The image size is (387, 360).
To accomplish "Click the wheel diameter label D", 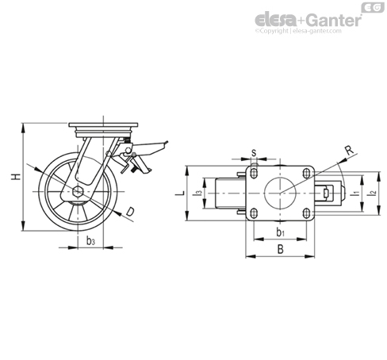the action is coord(130,212).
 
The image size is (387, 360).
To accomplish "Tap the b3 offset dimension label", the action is coord(90,241).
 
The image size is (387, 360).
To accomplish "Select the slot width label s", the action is coord(254,153).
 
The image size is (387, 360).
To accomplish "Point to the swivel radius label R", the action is coord(350,150).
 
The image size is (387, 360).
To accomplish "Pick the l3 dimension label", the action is coord(197,193).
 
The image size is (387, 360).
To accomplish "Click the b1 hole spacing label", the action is coord(280,232).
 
